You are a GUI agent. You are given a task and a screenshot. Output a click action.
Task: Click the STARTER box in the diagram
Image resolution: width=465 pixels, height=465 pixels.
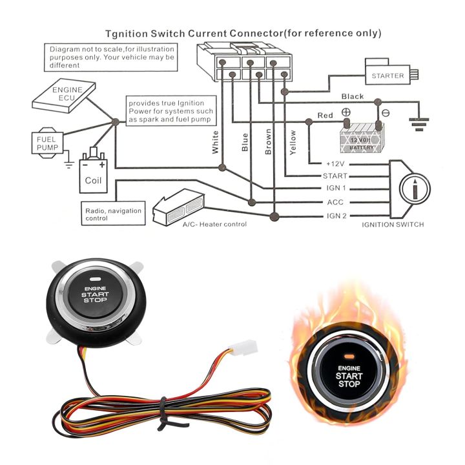coord(387,76)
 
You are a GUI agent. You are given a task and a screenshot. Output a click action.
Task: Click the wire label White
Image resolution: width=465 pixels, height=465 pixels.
coord(216,142)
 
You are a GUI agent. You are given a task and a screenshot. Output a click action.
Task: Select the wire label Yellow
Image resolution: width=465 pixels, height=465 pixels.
coord(293,142)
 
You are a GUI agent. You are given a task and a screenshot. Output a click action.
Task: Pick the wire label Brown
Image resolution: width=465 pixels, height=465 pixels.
coord(268,142)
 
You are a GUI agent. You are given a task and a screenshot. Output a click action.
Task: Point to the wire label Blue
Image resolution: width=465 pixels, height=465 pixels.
coord(244,142)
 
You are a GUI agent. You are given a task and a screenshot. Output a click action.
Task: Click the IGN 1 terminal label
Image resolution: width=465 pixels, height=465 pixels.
coord(336,189)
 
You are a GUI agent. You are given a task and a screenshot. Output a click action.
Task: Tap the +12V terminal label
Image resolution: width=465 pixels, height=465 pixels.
coord(336,163)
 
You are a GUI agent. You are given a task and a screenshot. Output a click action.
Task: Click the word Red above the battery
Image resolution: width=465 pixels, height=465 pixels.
coord(325,115)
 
